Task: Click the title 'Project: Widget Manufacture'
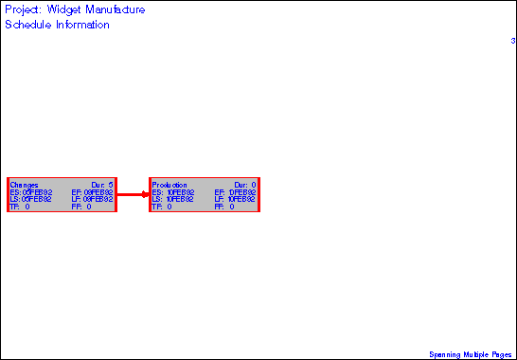coord(75,9)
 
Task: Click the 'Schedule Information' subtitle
coord(57,25)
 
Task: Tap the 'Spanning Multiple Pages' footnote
coord(471,353)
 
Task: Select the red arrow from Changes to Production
coord(133,194)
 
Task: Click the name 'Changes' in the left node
coord(24,184)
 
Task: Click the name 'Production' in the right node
coord(169,184)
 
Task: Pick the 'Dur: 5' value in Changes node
coord(102,184)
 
